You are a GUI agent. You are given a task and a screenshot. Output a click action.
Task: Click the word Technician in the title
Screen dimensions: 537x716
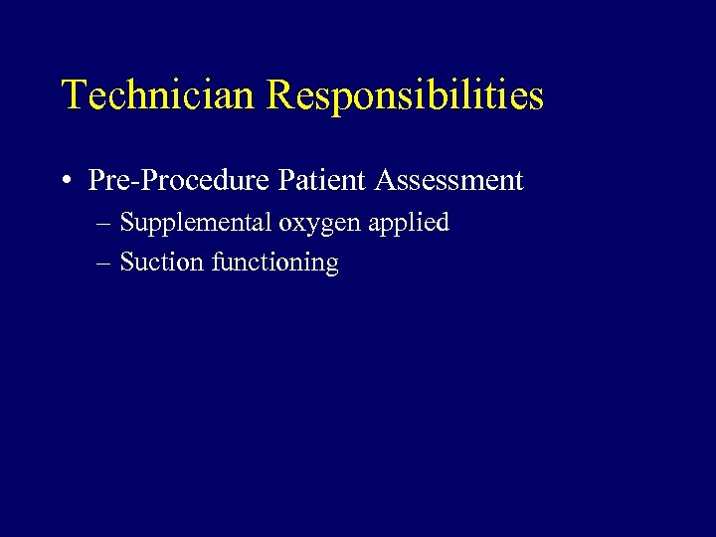coord(160,95)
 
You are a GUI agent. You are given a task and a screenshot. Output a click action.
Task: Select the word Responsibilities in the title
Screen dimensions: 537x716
coord(406,96)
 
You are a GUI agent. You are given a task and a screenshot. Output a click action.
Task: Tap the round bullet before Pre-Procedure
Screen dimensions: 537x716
coord(65,181)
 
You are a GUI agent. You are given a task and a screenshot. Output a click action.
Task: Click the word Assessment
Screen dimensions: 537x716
coord(448,181)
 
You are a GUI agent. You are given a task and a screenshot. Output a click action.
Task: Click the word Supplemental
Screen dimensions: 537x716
coord(196,223)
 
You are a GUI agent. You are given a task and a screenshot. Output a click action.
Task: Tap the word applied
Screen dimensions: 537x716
coord(409,223)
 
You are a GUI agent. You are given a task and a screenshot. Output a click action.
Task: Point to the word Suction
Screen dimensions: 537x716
coord(163,263)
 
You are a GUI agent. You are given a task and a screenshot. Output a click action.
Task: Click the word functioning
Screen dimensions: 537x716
coord(275,264)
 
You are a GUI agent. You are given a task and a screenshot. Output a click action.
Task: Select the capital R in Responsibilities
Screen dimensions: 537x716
coord(280,95)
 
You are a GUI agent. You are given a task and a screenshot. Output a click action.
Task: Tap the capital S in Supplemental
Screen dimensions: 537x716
coord(126,223)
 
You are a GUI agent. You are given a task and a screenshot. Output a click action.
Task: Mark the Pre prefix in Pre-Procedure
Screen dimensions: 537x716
coord(105,181)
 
